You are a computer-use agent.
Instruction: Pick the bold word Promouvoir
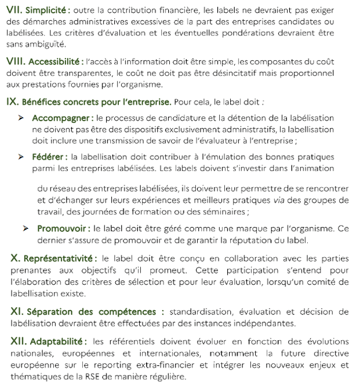click(63, 229)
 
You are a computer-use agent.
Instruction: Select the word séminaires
click(271, 212)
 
